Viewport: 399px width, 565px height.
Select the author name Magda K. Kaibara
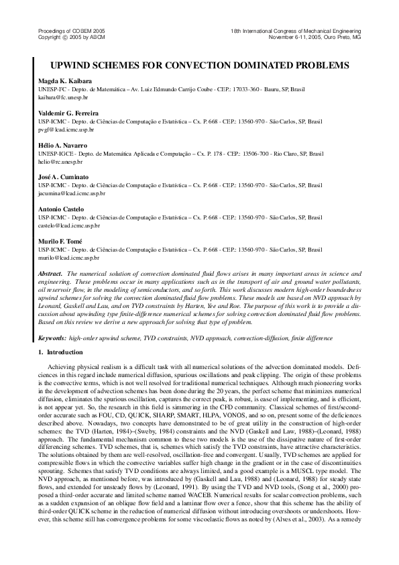click(x=65, y=81)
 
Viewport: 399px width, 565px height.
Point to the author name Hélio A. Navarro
click(x=63, y=145)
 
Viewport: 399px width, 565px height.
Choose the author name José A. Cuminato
click(x=64, y=175)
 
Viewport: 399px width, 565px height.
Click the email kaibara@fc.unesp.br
click(x=58, y=97)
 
